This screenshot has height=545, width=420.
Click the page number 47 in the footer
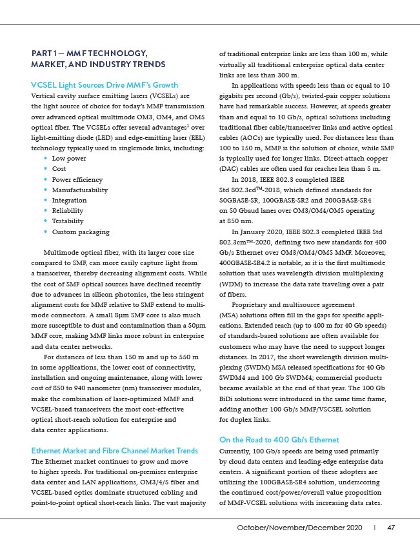coord(391,528)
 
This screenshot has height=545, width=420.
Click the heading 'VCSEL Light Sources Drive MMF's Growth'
coord(105,85)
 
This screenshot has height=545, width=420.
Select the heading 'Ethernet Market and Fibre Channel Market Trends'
coord(115,450)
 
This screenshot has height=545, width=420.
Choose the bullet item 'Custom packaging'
coord(81,232)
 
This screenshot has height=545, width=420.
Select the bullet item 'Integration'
coord(69,201)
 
